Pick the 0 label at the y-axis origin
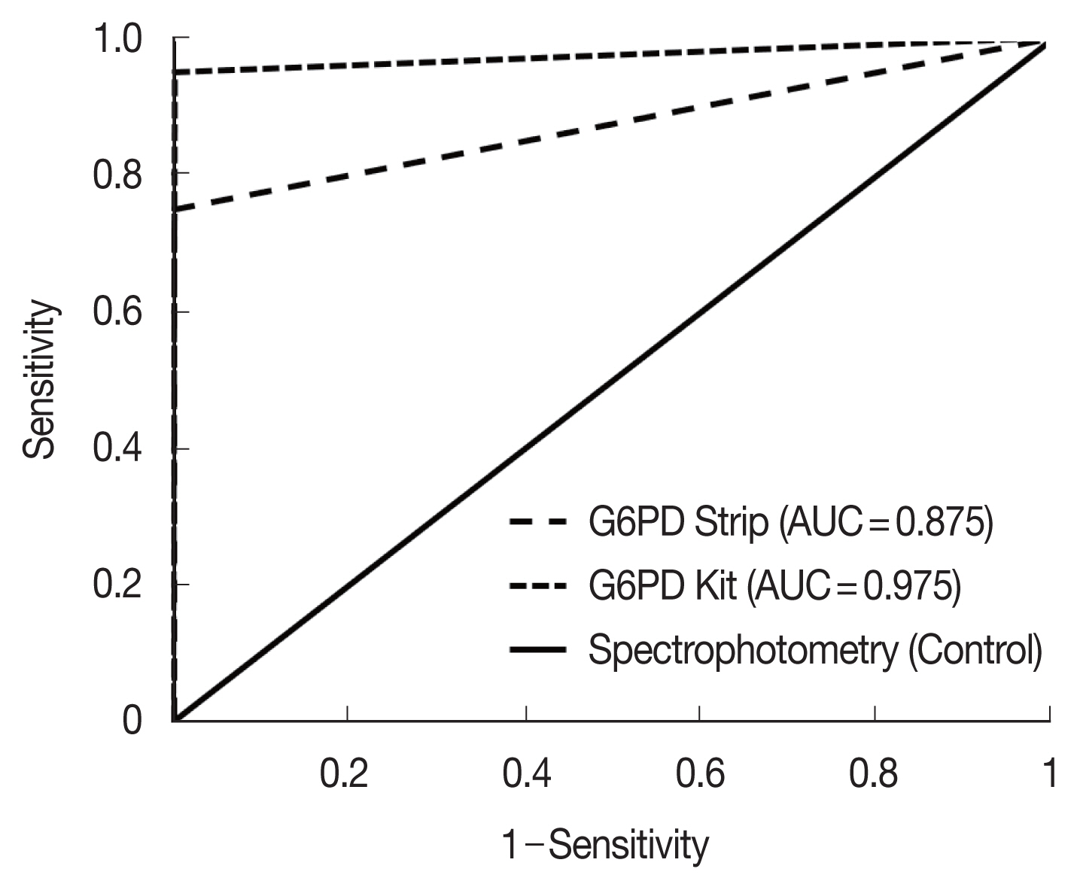pyautogui.click(x=132, y=721)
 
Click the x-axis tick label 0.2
pyautogui.click(x=345, y=774)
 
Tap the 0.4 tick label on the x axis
pyautogui.click(x=525, y=774)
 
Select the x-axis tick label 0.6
pyautogui.click(x=700, y=774)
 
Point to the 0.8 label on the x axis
pyautogui.click(x=874, y=774)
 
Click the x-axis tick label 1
pyautogui.click(x=1048, y=774)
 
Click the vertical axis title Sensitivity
pyautogui.click(x=39, y=379)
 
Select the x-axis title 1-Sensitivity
pyautogui.click(x=605, y=846)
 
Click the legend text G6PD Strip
pyautogui.click(x=678, y=522)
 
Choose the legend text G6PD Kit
pyautogui.click(x=662, y=585)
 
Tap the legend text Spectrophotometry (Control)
pyautogui.click(x=815, y=649)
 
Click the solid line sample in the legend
pyautogui.click(x=537, y=649)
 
